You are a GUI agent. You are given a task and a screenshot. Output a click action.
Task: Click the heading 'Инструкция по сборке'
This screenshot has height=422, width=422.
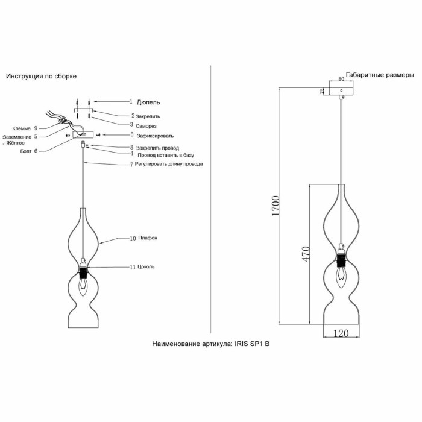tap(41, 77)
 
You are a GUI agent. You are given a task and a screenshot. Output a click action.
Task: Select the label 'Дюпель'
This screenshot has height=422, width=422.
tap(149, 102)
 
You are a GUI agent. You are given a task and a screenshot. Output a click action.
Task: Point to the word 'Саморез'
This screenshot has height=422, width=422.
tap(146, 125)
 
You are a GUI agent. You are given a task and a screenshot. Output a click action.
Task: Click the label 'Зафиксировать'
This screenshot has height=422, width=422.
tap(155, 136)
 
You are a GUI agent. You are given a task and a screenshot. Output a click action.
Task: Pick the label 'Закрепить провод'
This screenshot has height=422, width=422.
tap(157, 148)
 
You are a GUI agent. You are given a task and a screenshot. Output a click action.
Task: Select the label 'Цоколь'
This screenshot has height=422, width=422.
tap(146, 266)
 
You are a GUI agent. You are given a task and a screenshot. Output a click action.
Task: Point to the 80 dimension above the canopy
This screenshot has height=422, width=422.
tap(341, 79)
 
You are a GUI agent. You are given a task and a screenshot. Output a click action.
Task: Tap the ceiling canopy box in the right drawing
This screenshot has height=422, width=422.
tap(341, 90)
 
